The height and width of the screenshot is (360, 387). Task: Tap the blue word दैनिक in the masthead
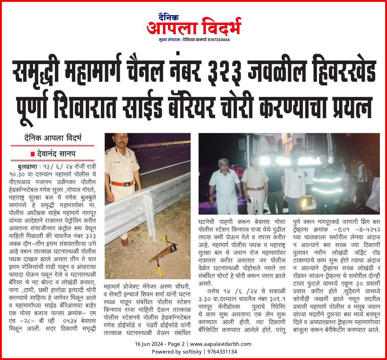tap(168, 17)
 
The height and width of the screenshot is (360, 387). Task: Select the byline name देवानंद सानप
tap(56, 153)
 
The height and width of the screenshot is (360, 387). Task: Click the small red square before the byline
tap(32, 154)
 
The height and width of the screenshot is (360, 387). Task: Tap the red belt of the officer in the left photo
tap(123, 184)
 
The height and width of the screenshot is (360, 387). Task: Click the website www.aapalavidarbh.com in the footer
tap(220, 344)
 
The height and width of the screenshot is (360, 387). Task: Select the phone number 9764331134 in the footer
tap(222, 352)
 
